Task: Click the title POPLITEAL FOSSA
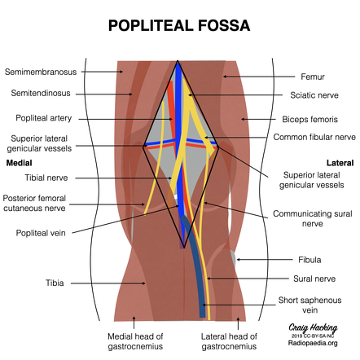coord(179,26)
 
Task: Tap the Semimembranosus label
coord(41,72)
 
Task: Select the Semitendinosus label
coord(41,93)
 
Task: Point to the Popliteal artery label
coord(44,118)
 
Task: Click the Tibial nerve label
coord(46,178)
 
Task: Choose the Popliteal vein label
coord(41,233)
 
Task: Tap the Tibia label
coord(55,283)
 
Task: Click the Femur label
coord(313,77)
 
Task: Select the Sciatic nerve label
coord(314,95)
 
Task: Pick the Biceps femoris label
coord(310,119)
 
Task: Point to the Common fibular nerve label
coord(314,137)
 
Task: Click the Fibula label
coord(310,260)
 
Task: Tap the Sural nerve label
coord(314,279)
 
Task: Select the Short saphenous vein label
coord(310,305)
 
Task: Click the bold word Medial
coord(19,163)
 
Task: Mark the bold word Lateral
coord(340,163)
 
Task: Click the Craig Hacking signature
coord(313,328)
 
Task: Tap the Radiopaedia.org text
coord(313,343)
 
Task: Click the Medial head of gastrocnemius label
coord(135,341)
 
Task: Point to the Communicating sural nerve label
coord(313,218)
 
